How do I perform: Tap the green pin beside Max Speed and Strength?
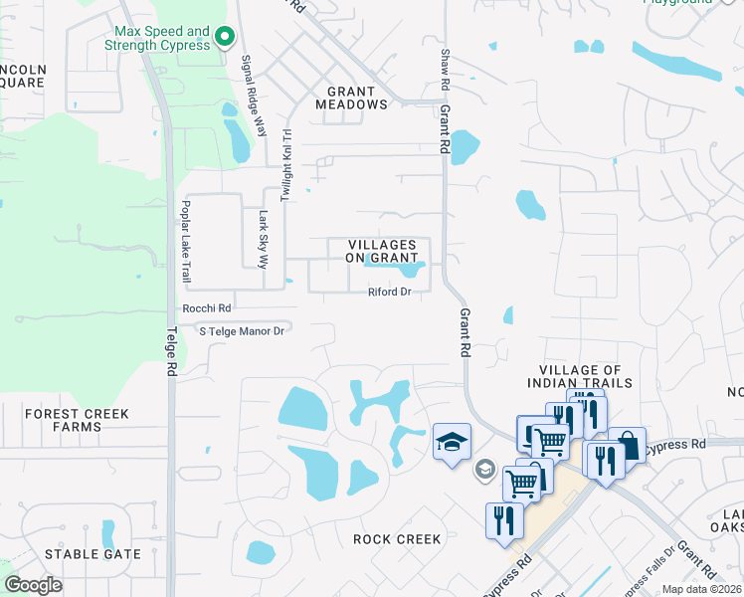pos(225,39)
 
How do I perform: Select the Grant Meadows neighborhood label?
pos(351,98)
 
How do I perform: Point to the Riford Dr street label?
pos(389,292)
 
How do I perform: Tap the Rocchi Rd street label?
pos(206,308)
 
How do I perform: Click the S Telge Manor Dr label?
pos(243,330)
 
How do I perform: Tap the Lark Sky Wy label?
pos(264,240)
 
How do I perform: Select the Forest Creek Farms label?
pos(64,420)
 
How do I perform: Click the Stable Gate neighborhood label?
pos(93,554)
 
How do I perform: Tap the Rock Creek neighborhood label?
pos(397,539)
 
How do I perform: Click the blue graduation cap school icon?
pos(450,442)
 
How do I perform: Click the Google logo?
pos(34,585)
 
